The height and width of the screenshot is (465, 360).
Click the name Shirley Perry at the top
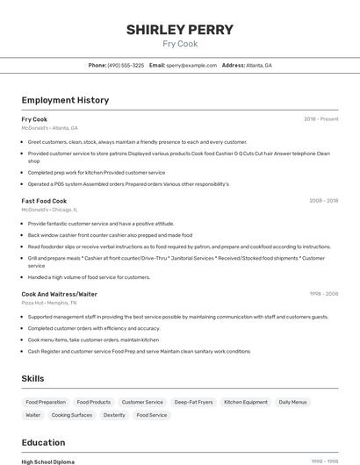click(180, 30)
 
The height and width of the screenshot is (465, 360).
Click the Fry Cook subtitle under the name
click(180, 44)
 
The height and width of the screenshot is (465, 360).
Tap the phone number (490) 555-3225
click(126, 65)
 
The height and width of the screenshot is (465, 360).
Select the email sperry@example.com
click(191, 65)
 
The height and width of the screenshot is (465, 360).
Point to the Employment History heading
click(65, 100)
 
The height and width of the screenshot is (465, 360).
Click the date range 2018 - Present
click(320, 119)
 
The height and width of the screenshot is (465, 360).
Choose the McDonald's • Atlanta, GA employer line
click(49, 127)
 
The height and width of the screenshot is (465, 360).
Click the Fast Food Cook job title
click(44, 201)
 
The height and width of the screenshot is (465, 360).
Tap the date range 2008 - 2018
click(323, 201)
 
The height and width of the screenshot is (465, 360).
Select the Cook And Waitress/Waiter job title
click(59, 294)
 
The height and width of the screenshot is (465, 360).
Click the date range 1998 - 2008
click(323, 294)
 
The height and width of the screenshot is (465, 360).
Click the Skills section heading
click(33, 378)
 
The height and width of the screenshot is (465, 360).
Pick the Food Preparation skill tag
click(46, 402)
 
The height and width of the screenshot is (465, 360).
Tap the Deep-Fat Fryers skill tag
click(193, 402)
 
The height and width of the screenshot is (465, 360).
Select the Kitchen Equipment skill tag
click(246, 402)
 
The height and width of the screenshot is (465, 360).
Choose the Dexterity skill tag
click(114, 415)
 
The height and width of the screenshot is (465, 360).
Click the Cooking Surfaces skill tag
click(71, 415)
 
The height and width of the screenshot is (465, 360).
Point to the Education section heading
click(43, 442)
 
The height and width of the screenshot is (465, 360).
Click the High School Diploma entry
click(47, 461)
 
